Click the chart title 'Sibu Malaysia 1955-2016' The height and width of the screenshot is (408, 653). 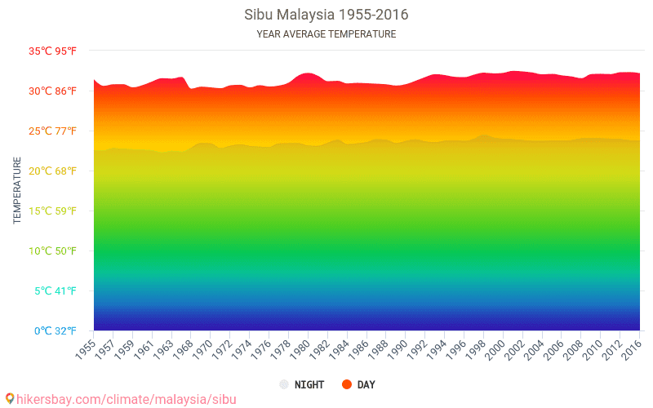(326, 15)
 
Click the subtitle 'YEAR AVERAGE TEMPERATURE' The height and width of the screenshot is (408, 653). (326, 34)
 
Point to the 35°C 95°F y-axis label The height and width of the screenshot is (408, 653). (53, 51)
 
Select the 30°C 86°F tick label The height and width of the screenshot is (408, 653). (53, 91)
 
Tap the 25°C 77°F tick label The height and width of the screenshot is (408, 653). (53, 131)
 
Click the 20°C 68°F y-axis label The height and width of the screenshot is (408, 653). (53, 171)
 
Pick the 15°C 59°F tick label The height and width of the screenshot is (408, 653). (53, 211)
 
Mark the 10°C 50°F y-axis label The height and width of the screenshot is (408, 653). (53, 251)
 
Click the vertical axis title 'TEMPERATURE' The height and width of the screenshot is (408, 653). (17, 190)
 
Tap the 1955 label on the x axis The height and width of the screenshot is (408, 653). (85, 349)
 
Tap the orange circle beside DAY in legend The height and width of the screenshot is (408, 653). (346, 384)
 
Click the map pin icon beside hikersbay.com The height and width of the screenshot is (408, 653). (10, 398)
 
